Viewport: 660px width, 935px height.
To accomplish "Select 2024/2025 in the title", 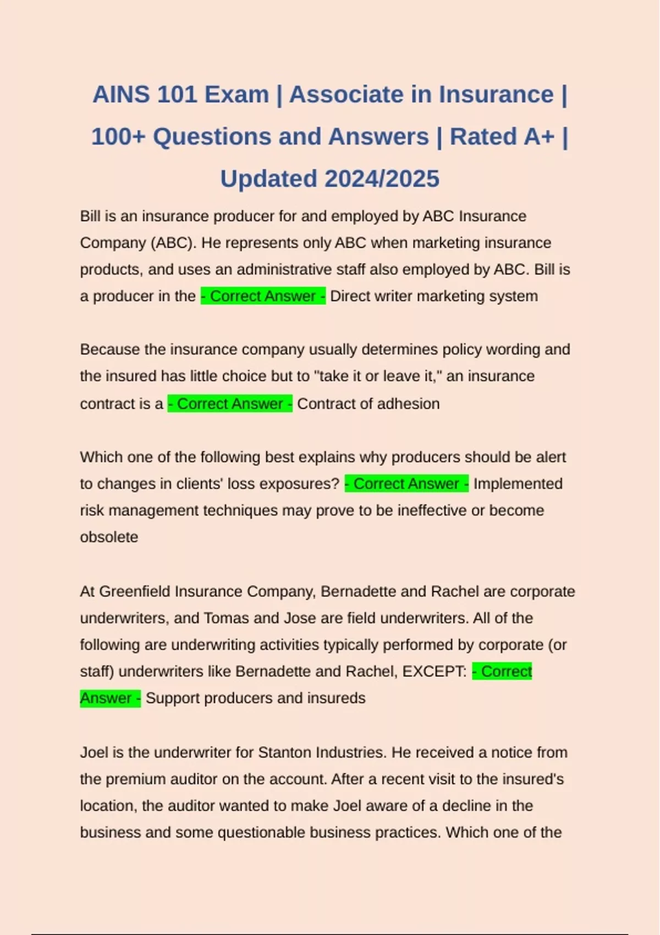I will pos(382,179).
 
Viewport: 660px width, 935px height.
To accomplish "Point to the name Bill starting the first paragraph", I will pos(90,216).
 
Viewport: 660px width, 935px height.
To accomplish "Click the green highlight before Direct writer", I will pos(263,296).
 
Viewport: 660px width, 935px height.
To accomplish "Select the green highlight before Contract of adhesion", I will pos(230,404).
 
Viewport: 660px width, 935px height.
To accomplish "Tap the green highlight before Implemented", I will pos(406,484).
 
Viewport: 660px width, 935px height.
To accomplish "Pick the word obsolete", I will pos(109,537).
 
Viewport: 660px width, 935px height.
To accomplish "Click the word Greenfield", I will pos(135,591).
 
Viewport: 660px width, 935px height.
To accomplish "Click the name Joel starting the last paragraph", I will pos(94,752).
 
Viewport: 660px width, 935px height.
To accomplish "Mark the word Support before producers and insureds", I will pos(172,698).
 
